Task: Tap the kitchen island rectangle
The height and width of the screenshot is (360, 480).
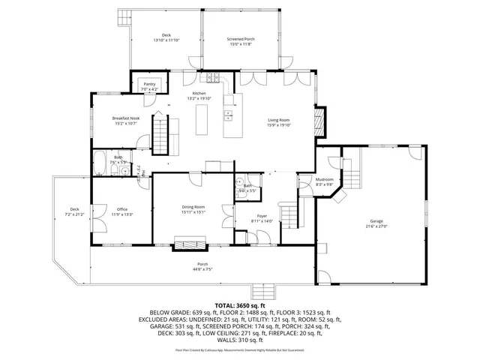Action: point(201,118)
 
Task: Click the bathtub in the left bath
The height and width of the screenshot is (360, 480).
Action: point(100,159)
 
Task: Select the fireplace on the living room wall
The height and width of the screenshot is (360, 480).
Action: point(319,121)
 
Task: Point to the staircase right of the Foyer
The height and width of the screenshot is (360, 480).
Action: point(289,214)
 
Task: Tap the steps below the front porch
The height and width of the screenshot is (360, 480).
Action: point(262,291)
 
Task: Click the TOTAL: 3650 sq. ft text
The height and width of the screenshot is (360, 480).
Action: point(240,305)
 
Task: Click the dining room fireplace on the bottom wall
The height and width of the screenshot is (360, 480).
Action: point(190,241)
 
